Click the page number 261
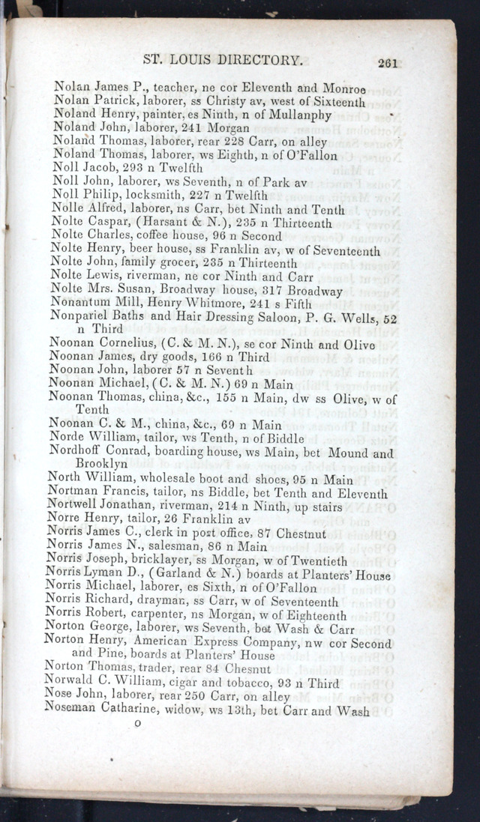click(388, 64)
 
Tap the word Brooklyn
click(101, 465)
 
